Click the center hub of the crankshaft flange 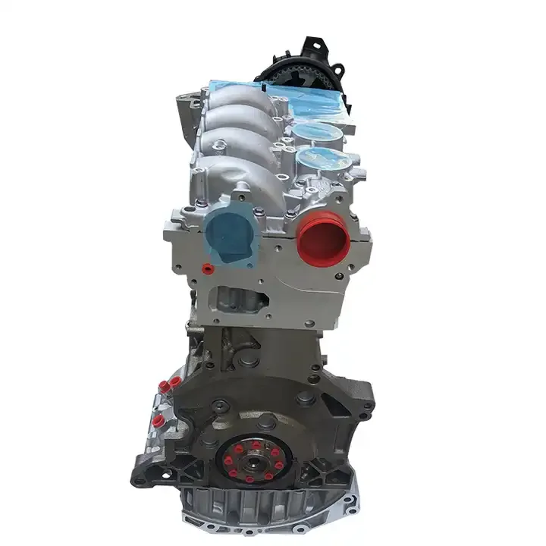coord(253,459)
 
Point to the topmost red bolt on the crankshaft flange coord(252,438)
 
